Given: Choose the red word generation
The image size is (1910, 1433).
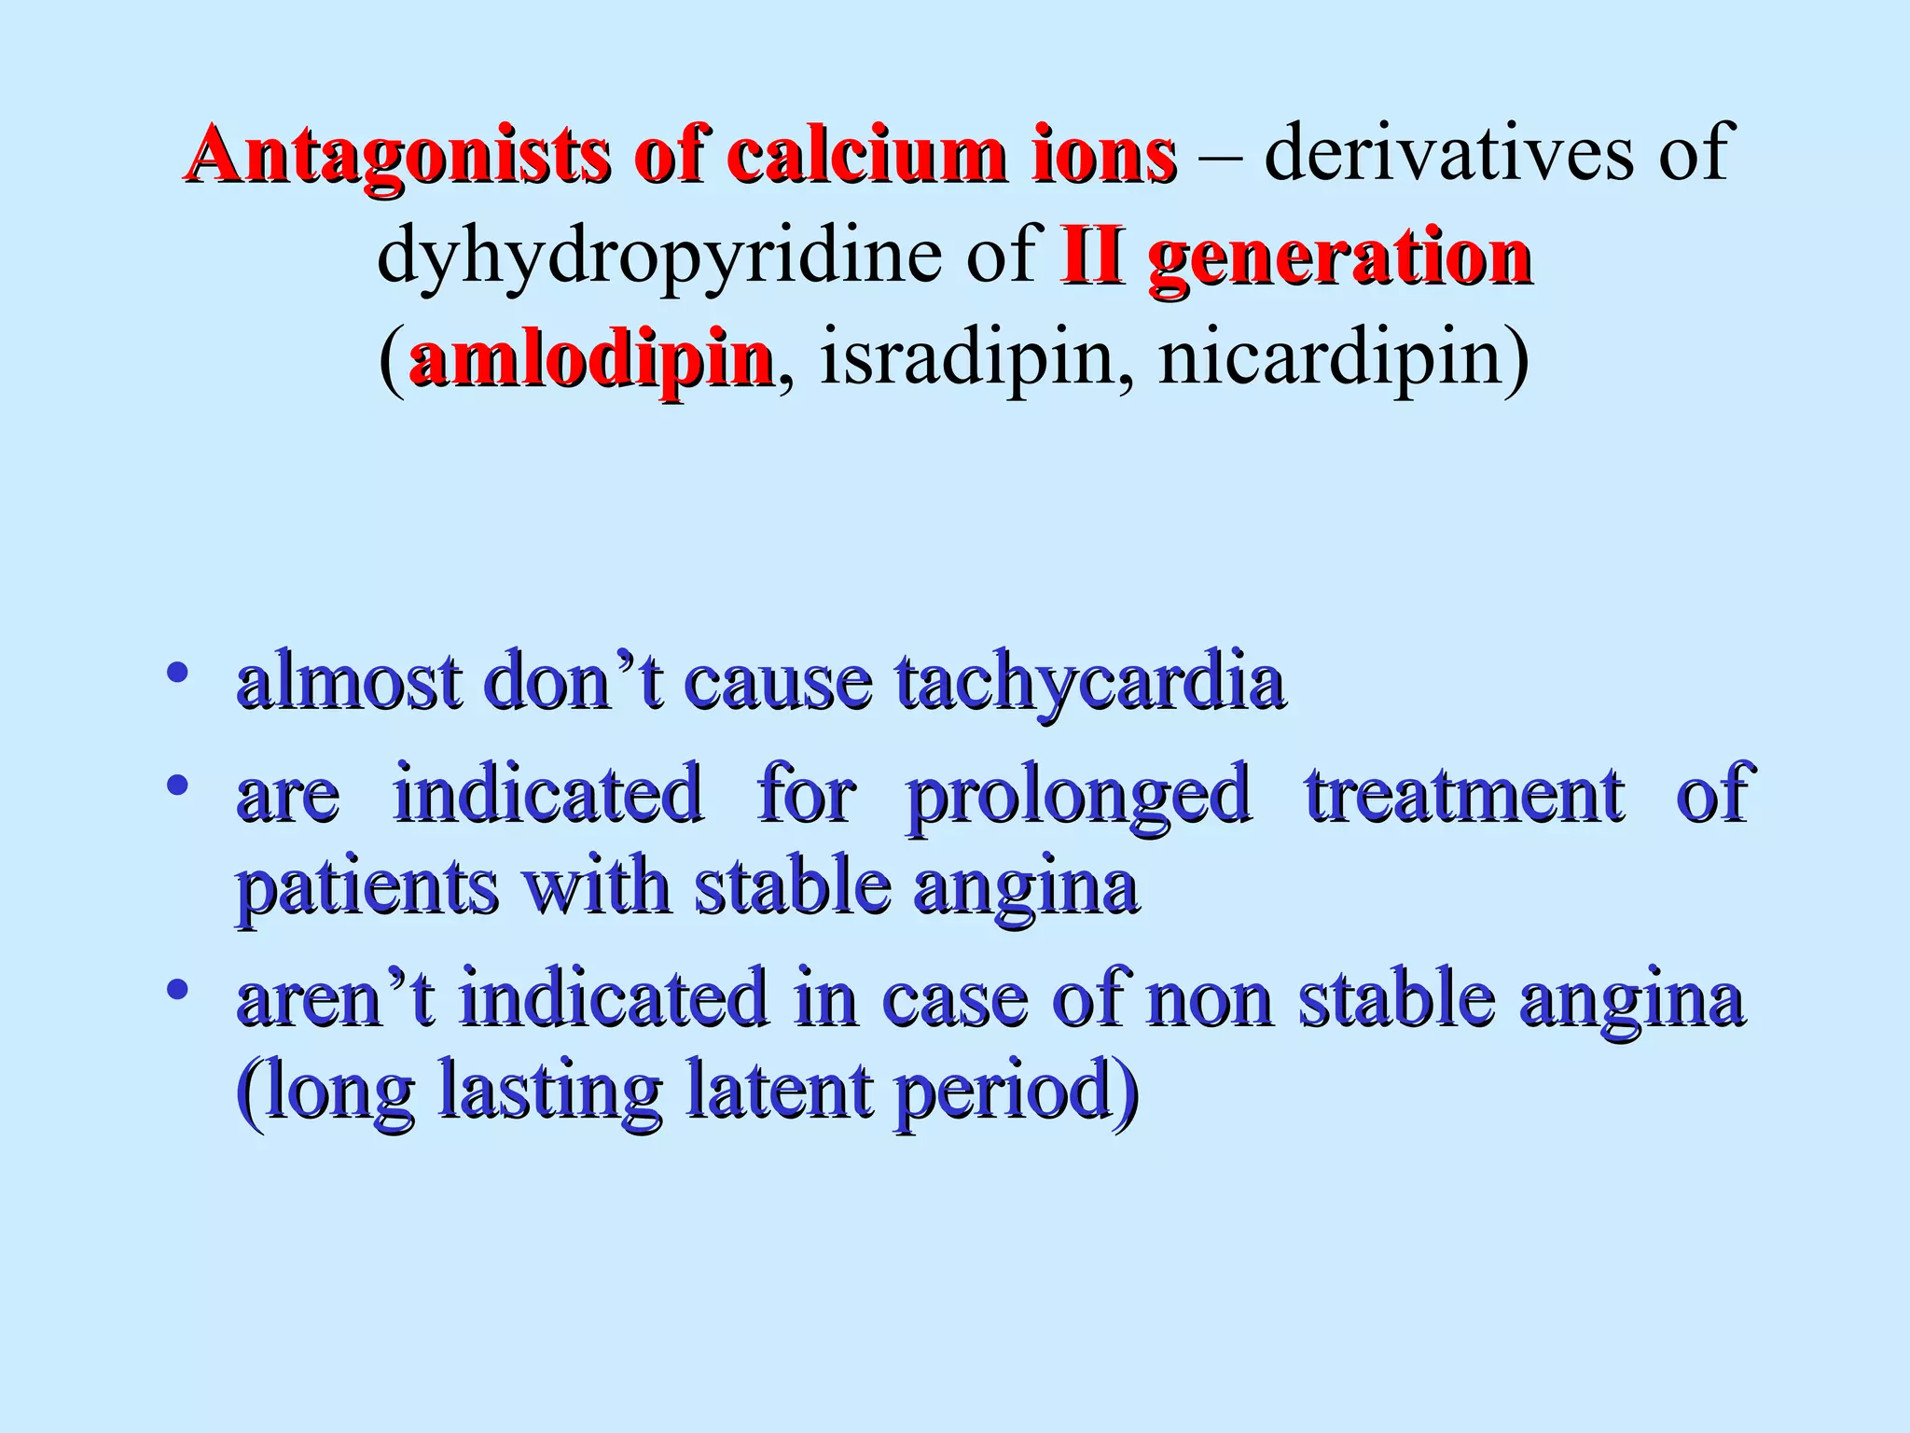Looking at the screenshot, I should [x=1341, y=257].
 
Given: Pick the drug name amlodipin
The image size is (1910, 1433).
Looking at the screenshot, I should [x=591, y=359].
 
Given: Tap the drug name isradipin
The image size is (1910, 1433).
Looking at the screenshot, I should [x=966, y=359].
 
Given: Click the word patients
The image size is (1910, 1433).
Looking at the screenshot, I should [x=367, y=888].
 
